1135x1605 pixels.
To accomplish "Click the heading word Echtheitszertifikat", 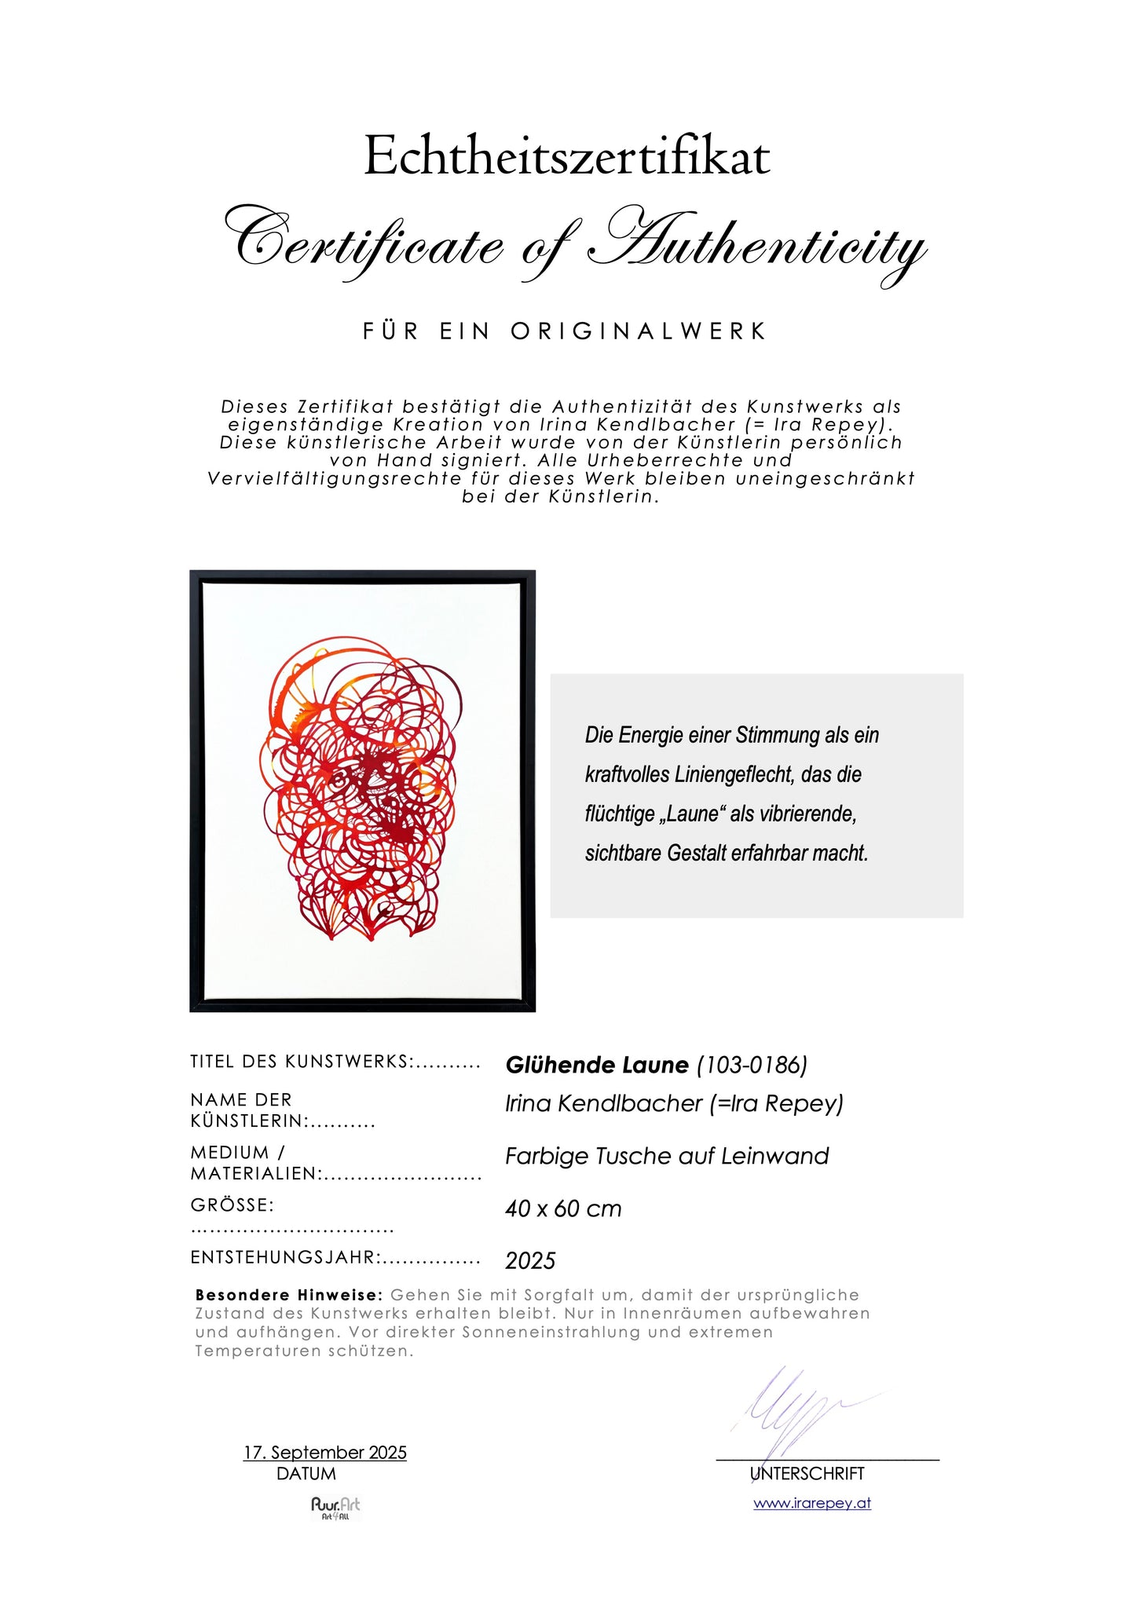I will [x=566, y=155].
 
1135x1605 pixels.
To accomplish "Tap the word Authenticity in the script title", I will [x=758, y=246].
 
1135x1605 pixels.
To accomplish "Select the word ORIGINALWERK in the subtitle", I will [x=638, y=331].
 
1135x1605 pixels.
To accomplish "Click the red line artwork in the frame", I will [x=361, y=793].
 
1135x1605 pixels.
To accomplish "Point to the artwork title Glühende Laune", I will [x=597, y=1065].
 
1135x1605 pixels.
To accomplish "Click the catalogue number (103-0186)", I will [x=752, y=1065].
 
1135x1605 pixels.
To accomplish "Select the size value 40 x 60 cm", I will [x=563, y=1208].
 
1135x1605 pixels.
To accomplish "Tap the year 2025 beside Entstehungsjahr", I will [x=530, y=1260].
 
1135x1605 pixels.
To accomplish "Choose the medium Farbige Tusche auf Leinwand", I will [x=667, y=1156].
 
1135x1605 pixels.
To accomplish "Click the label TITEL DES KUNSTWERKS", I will [x=301, y=1062].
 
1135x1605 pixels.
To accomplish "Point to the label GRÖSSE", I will [x=232, y=1205].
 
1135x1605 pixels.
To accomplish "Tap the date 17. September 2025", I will [x=325, y=1452].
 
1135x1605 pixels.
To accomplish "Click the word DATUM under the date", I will [x=306, y=1474].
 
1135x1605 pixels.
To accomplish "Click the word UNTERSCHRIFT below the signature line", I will [x=807, y=1474].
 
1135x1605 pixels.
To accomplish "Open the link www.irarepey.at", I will [x=812, y=1503].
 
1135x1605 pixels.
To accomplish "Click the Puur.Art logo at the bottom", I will [x=335, y=1507].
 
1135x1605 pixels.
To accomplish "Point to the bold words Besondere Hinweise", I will [x=289, y=1295].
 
